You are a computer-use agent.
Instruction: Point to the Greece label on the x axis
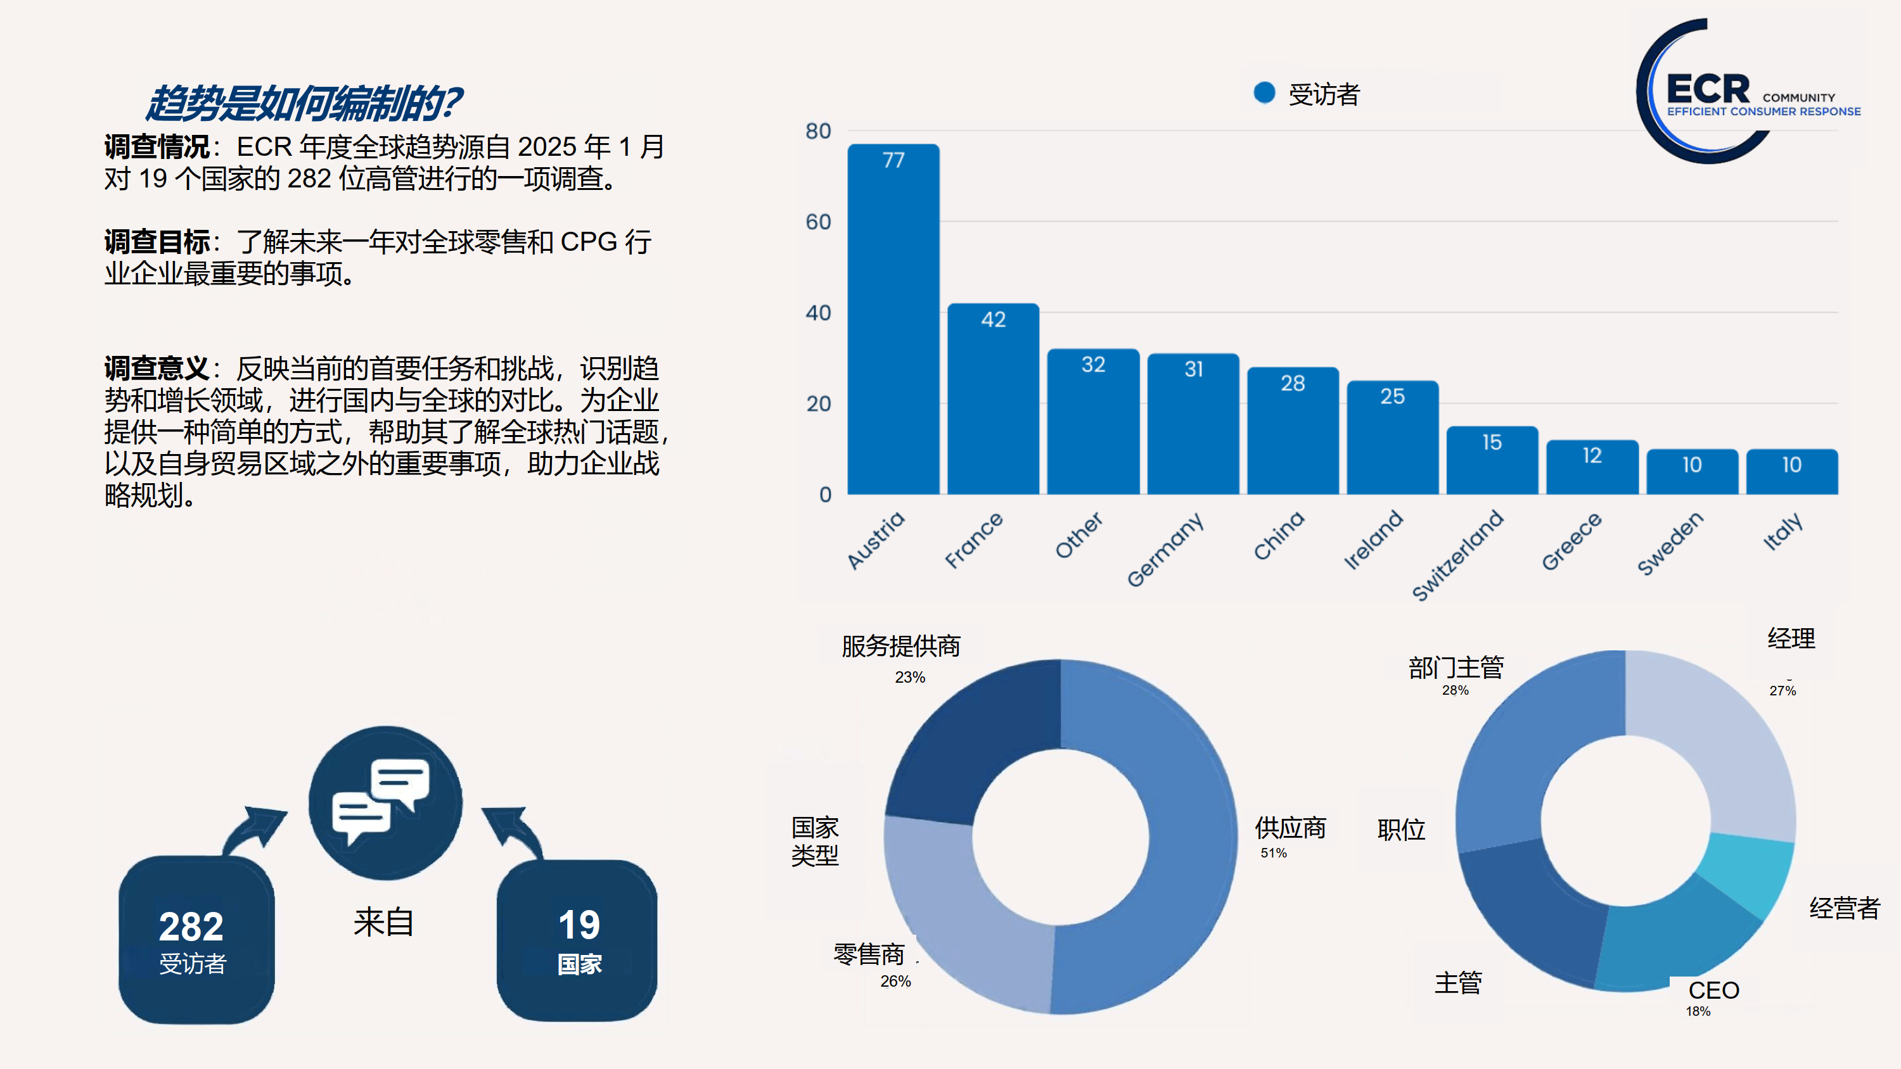click(x=1572, y=541)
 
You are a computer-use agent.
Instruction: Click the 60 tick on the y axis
click(x=817, y=222)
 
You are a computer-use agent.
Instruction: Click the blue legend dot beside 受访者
click(x=1264, y=93)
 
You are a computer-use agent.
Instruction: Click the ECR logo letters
click(x=1707, y=90)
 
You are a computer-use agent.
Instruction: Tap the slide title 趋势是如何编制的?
click(x=302, y=103)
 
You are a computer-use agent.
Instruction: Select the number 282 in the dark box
click(x=191, y=927)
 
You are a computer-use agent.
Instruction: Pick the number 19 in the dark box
click(x=579, y=925)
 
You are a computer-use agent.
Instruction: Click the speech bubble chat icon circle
click(x=385, y=802)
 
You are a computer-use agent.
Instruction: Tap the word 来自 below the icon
click(x=383, y=922)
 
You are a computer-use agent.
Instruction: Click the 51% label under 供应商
click(x=1273, y=853)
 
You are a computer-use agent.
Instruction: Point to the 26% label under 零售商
click(x=895, y=981)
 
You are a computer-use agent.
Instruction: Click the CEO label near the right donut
click(x=1713, y=990)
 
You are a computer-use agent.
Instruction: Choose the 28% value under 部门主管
click(x=1454, y=690)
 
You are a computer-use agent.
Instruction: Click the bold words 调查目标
click(x=157, y=242)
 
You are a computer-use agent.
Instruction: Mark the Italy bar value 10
click(x=1791, y=465)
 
